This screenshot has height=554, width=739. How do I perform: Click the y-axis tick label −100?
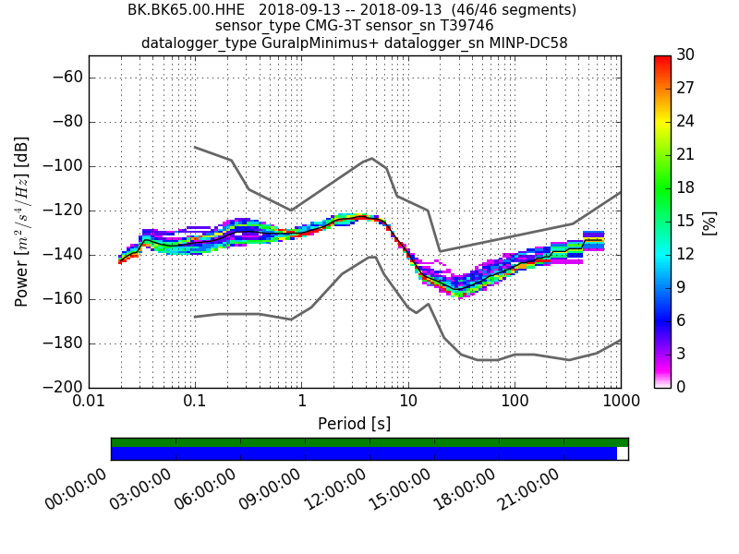[x=61, y=166]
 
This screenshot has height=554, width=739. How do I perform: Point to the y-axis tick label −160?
[x=61, y=299]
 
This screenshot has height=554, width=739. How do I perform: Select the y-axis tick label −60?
[x=65, y=78]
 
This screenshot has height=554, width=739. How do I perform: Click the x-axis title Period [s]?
[x=355, y=424]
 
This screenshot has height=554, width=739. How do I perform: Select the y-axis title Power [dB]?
[x=22, y=222]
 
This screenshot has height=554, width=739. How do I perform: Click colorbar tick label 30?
[x=686, y=55]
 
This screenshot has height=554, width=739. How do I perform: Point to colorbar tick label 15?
[x=686, y=221]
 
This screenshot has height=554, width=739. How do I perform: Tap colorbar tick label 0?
[x=682, y=387]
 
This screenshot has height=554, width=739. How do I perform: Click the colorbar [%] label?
[x=709, y=222]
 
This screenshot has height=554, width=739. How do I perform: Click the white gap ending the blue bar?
[x=622, y=453]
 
